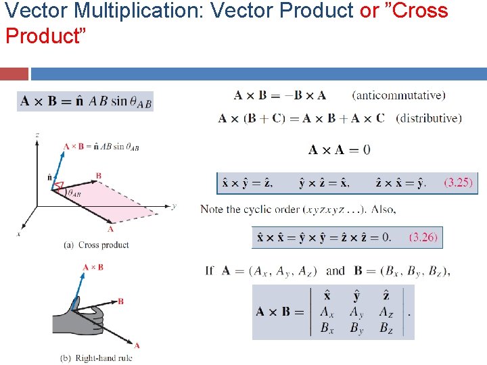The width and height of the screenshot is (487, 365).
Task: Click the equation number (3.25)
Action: [x=458, y=182]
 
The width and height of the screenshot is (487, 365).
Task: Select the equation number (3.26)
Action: [x=423, y=237]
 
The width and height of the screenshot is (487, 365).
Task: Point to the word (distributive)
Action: [x=429, y=118]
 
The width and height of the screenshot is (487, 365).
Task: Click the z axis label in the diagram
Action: [x=37, y=135]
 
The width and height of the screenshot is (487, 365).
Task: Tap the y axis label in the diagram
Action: [x=174, y=205]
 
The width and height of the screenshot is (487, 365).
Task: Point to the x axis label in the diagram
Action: [x=18, y=234]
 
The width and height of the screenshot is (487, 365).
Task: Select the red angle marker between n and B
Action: [x=59, y=185]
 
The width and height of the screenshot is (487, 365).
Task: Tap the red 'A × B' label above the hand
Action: [x=93, y=268]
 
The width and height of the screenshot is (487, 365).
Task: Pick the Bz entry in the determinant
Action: [x=386, y=328]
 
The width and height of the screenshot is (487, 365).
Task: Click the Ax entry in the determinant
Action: [x=327, y=312]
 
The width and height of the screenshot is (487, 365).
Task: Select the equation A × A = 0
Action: [x=340, y=149]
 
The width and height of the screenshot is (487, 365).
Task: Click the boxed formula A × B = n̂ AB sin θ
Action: [x=85, y=101]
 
